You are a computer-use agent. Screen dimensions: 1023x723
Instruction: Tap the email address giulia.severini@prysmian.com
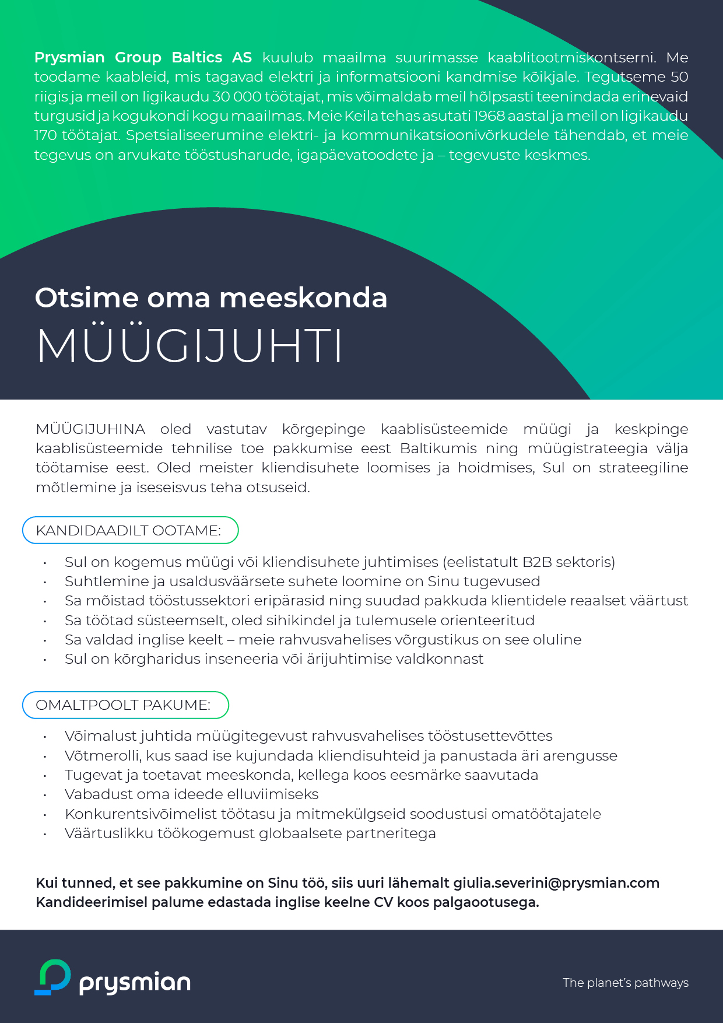click(x=556, y=883)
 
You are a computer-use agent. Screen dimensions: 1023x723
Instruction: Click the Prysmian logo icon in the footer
click(x=53, y=977)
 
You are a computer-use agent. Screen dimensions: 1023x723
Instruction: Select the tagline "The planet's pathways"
click(x=625, y=983)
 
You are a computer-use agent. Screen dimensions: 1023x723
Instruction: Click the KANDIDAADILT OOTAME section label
click(x=129, y=531)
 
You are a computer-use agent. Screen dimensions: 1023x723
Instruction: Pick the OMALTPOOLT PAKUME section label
click(x=124, y=705)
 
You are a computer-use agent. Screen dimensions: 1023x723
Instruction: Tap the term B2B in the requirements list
click(x=537, y=562)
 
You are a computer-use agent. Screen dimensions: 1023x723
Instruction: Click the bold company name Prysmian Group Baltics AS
click(x=143, y=58)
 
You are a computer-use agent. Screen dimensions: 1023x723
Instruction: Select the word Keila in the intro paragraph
click(x=361, y=116)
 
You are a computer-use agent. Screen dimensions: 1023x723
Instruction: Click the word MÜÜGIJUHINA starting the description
click(x=90, y=429)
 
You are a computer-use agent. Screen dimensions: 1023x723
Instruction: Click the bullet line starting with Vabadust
click(x=192, y=794)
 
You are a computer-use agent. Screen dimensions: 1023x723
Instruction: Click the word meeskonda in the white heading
click(x=303, y=297)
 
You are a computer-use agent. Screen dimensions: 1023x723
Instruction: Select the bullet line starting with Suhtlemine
click(x=302, y=581)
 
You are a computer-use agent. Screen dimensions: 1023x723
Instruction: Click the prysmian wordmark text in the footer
click(x=135, y=983)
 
